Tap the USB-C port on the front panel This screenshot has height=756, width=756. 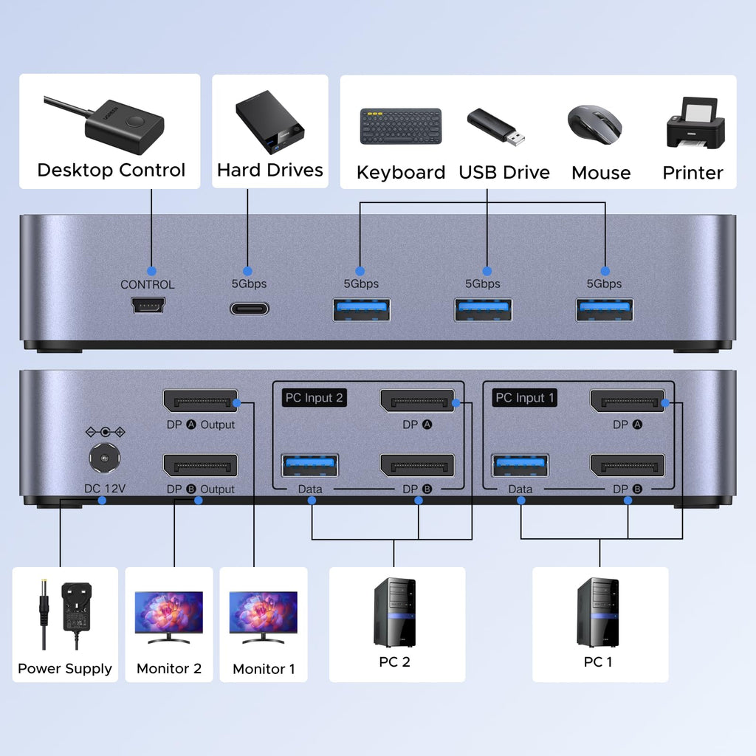[249, 308]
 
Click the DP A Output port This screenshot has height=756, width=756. [200, 402]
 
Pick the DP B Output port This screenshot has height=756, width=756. [200, 466]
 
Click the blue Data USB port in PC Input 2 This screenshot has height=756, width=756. [310, 466]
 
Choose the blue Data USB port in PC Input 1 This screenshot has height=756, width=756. [520, 466]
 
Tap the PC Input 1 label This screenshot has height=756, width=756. [525, 398]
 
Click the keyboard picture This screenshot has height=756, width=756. [401, 126]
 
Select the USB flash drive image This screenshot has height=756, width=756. [496, 126]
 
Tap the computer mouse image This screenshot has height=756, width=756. [594, 123]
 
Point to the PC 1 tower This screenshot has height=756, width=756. [598, 612]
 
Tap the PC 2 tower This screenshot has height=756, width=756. [395, 612]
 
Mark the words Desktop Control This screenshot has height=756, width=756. [111, 171]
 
